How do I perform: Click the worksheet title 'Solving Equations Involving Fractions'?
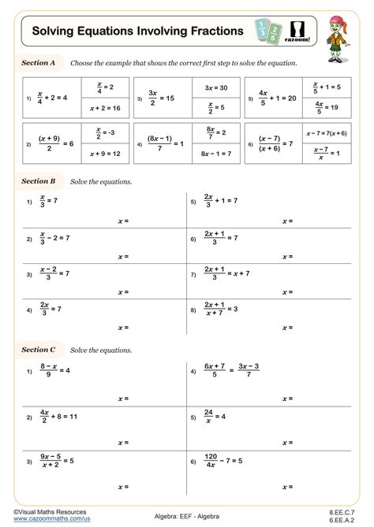tap(137, 31)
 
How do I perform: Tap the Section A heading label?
tap(38, 62)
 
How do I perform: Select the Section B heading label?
tap(38, 181)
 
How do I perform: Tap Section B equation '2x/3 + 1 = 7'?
tap(222, 202)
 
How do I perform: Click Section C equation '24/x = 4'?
tap(215, 415)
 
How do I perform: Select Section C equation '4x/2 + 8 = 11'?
tap(58, 415)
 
